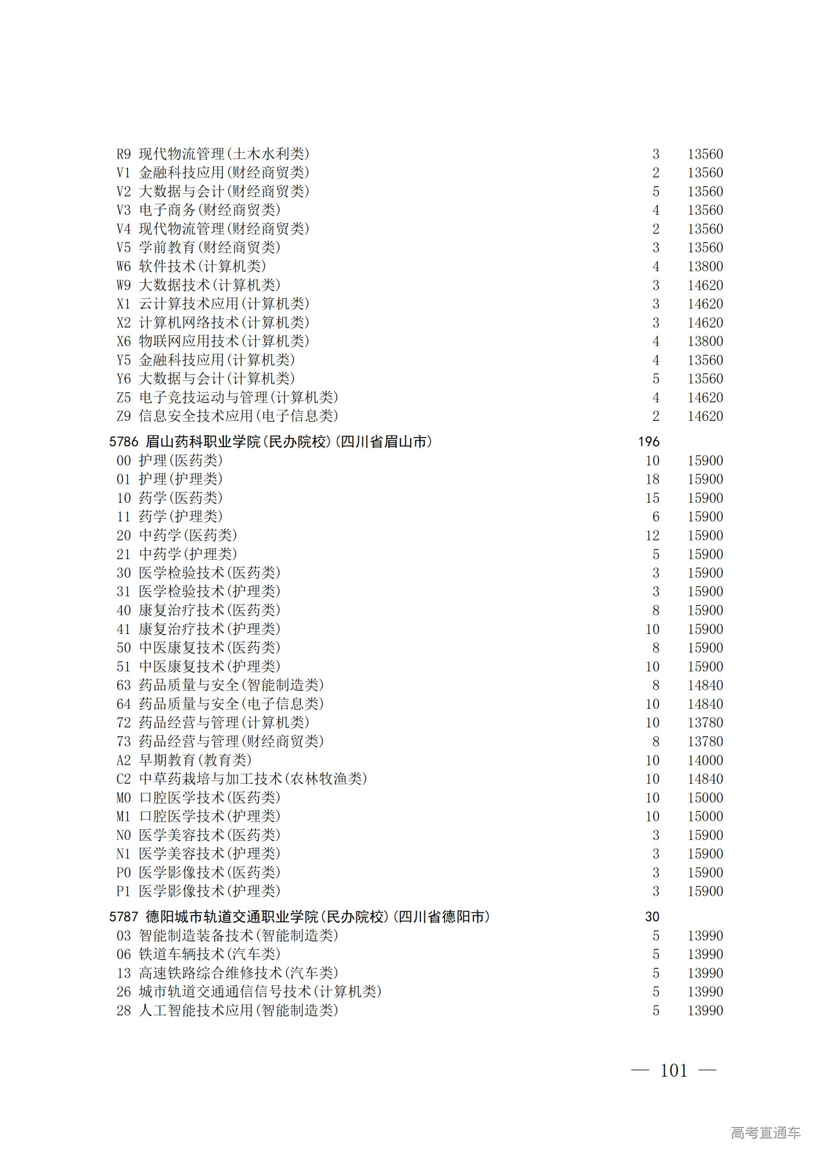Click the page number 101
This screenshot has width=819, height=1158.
674,1070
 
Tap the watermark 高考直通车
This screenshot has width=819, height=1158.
765,1132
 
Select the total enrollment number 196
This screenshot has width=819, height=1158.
648,441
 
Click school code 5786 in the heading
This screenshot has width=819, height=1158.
123,441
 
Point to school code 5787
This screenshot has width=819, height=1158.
123,917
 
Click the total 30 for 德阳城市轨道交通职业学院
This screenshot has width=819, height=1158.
652,917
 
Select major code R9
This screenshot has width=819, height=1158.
123,154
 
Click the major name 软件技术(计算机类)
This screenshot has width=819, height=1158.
202,266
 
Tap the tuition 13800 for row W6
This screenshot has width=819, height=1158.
705,266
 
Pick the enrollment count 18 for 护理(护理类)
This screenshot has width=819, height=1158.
652,479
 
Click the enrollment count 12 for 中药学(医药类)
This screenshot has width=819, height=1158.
652,535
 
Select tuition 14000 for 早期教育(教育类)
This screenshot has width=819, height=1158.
705,760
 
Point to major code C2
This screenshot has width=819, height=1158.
123,779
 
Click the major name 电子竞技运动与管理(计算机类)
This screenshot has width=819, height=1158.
239,397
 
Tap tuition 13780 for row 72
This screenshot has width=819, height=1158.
705,723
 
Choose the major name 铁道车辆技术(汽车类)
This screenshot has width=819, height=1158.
210,954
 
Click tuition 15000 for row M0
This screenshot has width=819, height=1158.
705,798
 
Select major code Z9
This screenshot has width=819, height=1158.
123,416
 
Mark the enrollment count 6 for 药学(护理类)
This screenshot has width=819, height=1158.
656,517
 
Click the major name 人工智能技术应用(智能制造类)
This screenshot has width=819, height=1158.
239,1010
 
